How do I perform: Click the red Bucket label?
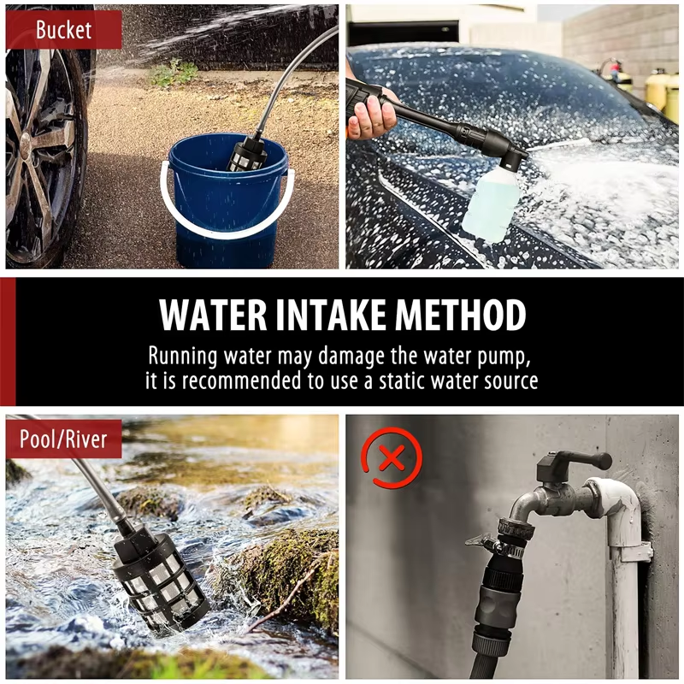tap(63, 30)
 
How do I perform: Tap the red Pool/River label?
tap(63, 439)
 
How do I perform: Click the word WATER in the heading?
tap(213, 315)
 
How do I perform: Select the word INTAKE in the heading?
tap(331, 315)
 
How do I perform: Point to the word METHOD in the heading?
tap(461, 315)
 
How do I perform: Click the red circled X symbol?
tap(392, 458)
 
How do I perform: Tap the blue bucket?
tap(227, 201)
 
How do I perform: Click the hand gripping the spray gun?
tap(370, 115)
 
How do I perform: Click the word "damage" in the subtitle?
tap(351, 357)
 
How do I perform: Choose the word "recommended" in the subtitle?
tap(241, 380)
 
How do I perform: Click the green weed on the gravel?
tap(174, 73)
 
